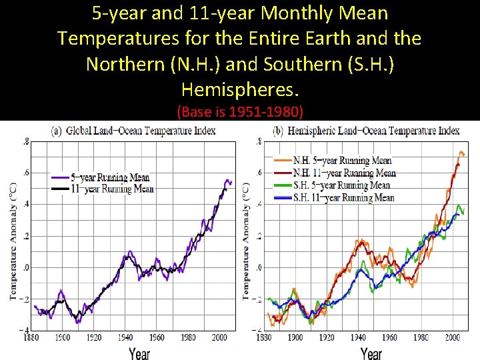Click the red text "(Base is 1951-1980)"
tap(240, 111)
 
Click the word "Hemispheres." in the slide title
tap(240, 89)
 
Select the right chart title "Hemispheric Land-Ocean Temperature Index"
tap(366, 131)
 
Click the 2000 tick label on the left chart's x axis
tap(219, 338)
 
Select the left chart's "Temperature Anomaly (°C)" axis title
tap(13, 240)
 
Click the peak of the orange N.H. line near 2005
tap(461, 152)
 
